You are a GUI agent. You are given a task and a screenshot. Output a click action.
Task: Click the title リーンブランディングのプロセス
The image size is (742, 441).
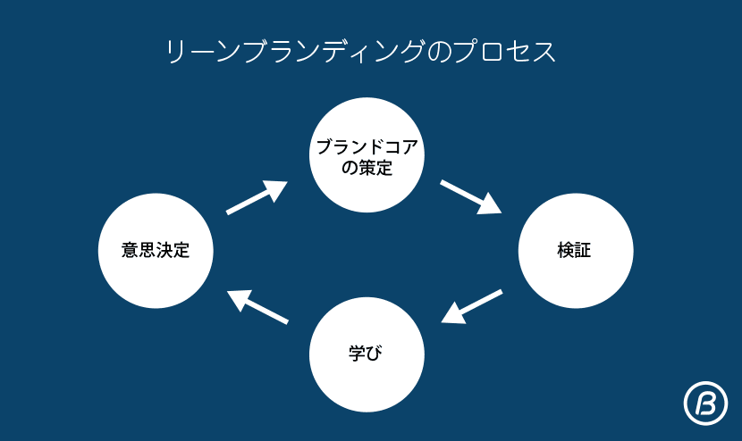(x=361, y=52)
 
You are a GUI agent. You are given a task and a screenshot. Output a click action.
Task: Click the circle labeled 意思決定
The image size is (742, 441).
(x=156, y=251)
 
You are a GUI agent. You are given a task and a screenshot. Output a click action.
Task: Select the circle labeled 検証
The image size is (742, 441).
(x=575, y=251)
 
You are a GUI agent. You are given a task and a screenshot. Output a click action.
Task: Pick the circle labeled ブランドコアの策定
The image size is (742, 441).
(x=367, y=155)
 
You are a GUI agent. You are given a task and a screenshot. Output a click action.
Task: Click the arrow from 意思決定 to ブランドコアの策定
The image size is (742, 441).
(x=257, y=197)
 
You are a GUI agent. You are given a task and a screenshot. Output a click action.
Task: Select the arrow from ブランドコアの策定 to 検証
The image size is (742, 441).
(x=471, y=197)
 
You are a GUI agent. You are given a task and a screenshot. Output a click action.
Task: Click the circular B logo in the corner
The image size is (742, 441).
(x=704, y=404)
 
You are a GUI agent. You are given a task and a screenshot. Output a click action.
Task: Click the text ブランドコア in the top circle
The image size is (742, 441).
(x=367, y=146)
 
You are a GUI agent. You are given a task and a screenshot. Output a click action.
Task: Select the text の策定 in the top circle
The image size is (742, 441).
(x=367, y=166)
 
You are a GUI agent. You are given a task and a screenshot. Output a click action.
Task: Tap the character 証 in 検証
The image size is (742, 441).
(x=583, y=251)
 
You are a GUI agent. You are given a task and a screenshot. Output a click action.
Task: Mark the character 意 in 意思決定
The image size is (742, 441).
(x=130, y=251)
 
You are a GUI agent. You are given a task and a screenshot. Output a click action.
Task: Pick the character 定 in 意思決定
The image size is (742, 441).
(x=181, y=251)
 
